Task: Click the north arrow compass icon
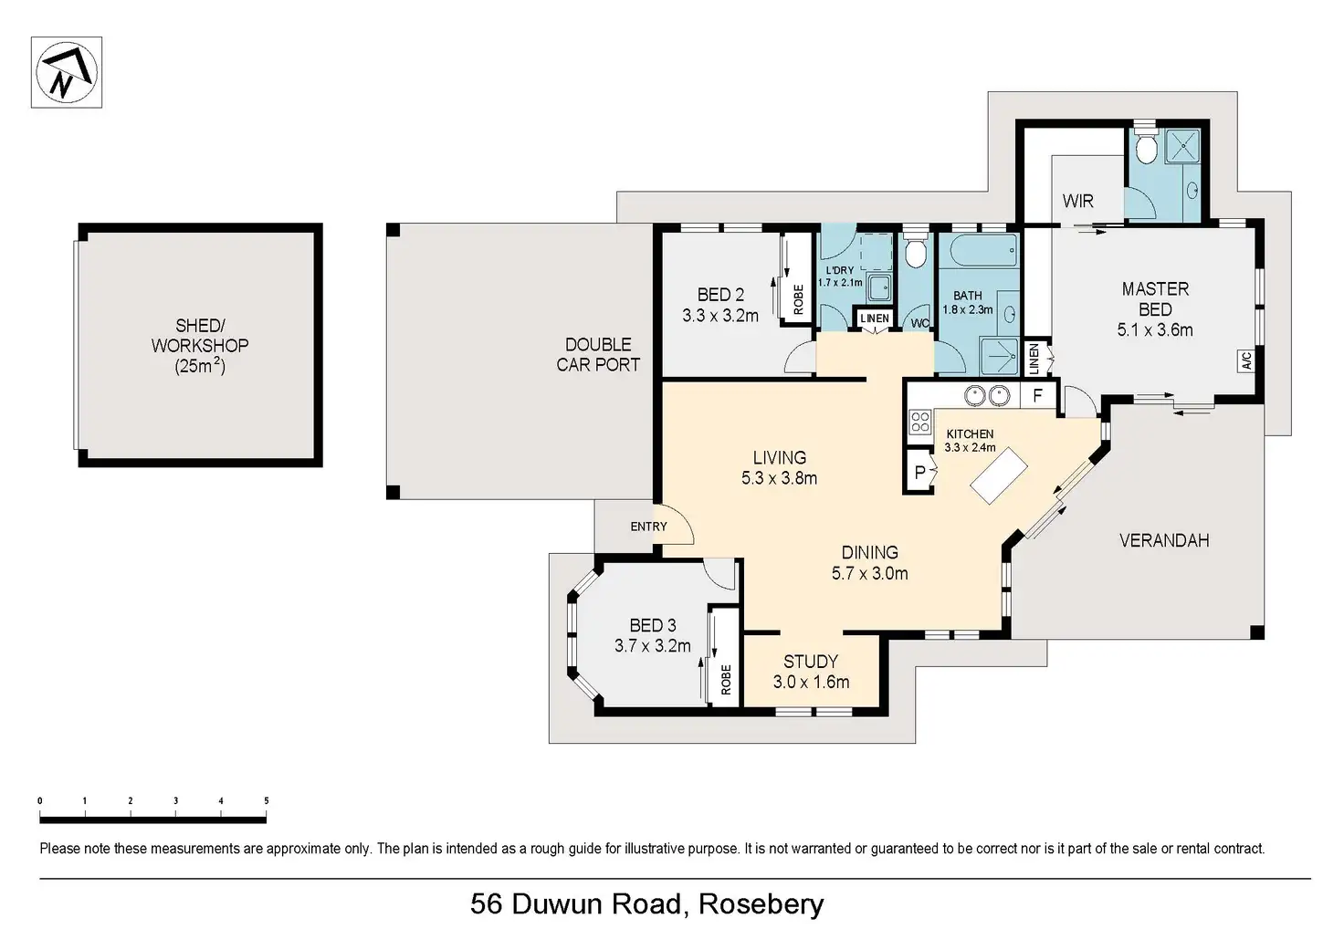pos(66,72)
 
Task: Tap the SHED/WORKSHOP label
pos(200,346)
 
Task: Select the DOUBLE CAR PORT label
pos(598,354)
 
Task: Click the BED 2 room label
pos(720,295)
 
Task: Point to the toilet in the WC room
pos(916,253)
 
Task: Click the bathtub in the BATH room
pos(978,250)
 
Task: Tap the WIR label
pos(1077,201)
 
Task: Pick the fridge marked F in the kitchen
pos(1037,396)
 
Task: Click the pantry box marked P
pos(919,472)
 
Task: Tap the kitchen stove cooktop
pos(919,422)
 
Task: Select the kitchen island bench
pos(998,475)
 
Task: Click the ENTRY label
pos(648,527)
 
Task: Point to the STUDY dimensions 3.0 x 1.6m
pos(811,682)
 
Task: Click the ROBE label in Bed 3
pos(726,679)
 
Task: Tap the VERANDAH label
pos(1163,540)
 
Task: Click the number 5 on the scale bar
pos(267,801)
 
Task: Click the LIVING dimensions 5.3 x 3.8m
pos(779,477)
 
